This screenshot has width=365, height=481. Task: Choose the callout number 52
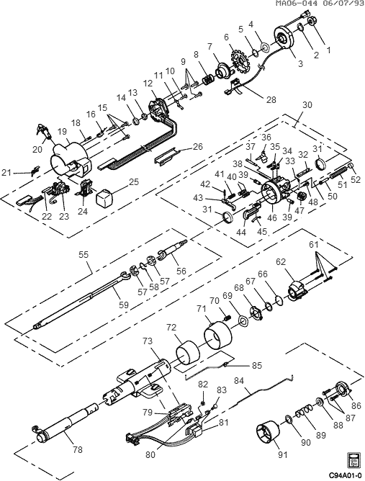pos(355,180)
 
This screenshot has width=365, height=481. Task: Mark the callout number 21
pos(6,173)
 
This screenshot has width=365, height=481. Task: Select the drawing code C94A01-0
pos(346,476)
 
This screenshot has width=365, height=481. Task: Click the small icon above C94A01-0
pos(353,460)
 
